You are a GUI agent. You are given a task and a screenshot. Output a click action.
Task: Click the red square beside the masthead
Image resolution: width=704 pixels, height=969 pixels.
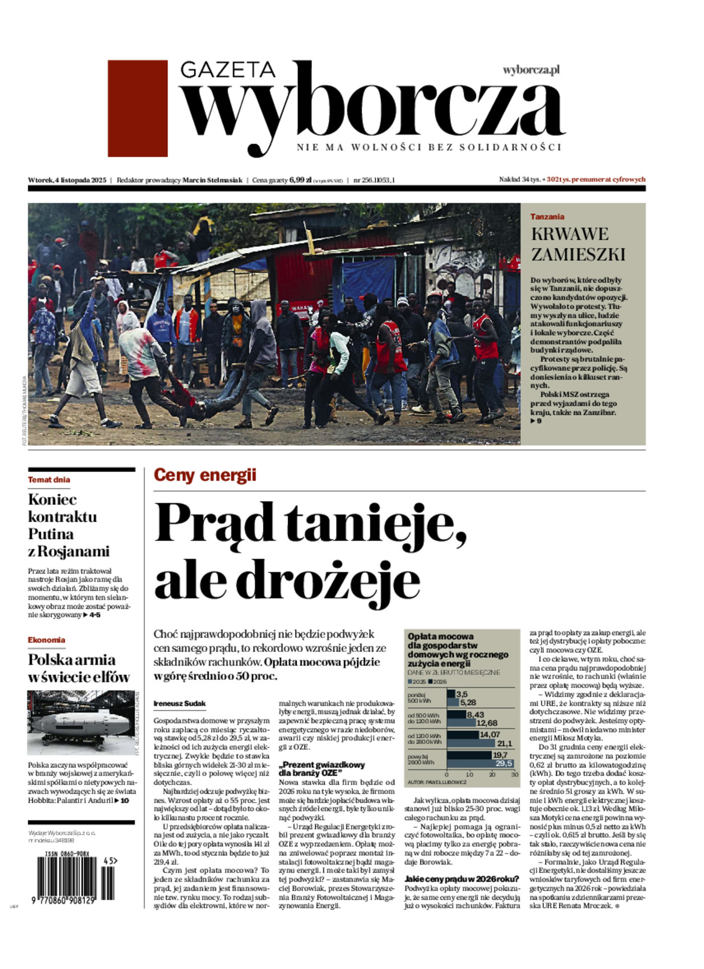coord(137,108)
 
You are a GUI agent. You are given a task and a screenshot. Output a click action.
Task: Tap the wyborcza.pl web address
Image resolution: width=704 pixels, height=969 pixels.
coord(531,70)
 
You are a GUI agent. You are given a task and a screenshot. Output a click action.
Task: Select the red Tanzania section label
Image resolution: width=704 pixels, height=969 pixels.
coord(547,217)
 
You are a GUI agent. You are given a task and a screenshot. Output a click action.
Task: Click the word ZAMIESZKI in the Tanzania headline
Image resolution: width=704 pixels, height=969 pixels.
coord(578,254)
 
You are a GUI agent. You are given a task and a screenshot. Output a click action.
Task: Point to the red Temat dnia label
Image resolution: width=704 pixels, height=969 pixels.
coord(49,479)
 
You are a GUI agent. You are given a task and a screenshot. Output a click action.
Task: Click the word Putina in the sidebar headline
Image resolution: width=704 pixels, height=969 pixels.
coord(51,533)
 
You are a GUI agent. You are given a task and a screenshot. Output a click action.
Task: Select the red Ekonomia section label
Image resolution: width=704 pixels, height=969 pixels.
coord(46,640)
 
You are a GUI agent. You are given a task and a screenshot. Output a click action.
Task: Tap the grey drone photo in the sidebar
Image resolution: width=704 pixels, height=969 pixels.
coord(80,723)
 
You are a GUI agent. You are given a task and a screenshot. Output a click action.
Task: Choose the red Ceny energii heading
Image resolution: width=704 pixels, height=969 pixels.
coord(205,475)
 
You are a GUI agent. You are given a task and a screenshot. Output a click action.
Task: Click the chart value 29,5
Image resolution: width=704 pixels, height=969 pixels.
coord(503,763)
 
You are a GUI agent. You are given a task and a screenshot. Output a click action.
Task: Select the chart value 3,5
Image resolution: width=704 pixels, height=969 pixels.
coord(461,694)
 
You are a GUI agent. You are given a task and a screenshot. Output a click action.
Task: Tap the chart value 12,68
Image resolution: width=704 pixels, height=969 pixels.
coord(486,723)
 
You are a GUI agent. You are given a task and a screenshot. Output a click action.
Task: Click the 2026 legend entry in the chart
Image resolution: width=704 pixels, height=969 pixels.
coord(437,682)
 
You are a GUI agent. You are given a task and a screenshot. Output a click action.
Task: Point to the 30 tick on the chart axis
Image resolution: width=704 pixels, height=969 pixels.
coord(514,774)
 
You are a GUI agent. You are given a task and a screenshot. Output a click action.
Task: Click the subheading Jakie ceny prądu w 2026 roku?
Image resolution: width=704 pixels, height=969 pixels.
coord(462,879)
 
